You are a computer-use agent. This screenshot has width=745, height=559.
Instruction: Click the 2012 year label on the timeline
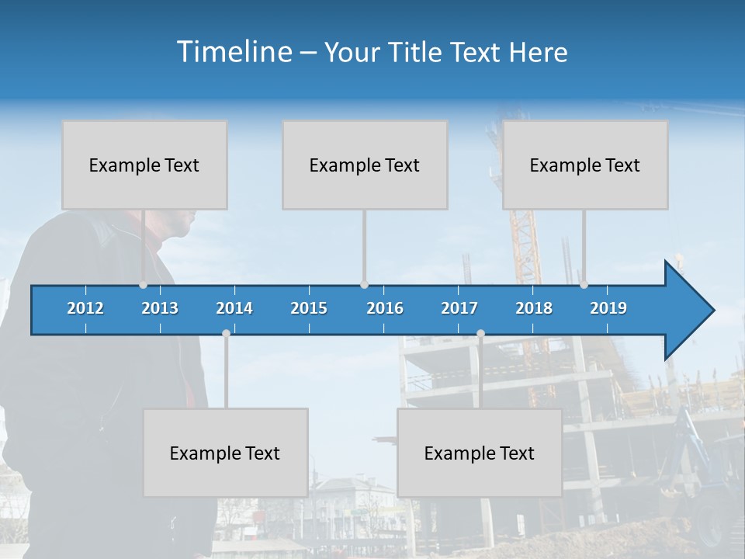[x=85, y=308]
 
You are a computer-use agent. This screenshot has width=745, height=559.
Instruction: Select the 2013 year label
[x=160, y=308]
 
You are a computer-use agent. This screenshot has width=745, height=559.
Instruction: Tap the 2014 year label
[x=234, y=308]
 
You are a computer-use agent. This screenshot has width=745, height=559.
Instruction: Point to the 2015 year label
[x=309, y=308]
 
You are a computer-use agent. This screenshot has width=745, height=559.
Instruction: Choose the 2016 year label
[x=385, y=308]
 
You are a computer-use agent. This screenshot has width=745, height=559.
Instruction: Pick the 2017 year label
[x=459, y=308]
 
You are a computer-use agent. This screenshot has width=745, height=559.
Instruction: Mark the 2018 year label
[x=534, y=308]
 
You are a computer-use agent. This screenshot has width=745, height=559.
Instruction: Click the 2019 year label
[x=608, y=308]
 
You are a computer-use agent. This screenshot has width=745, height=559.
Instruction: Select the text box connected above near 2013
[x=144, y=165]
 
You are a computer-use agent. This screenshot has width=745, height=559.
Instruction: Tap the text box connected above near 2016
[x=365, y=165]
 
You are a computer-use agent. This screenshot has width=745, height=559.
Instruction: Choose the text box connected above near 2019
[x=585, y=165]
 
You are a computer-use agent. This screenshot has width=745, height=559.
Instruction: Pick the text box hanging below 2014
[x=225, y=453]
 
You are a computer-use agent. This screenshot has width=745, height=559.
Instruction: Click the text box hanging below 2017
[x=480, y=453]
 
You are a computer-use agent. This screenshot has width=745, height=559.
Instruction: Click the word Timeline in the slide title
[x=234, y=51]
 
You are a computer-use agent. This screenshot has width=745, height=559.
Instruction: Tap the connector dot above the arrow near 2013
[x=143, y=285]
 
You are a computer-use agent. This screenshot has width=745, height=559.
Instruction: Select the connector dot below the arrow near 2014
[x=226, y=333]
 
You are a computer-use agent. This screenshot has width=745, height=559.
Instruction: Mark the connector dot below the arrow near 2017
[x=480, y=333]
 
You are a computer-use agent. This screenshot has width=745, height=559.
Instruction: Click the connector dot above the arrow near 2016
[x=364, y=285]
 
